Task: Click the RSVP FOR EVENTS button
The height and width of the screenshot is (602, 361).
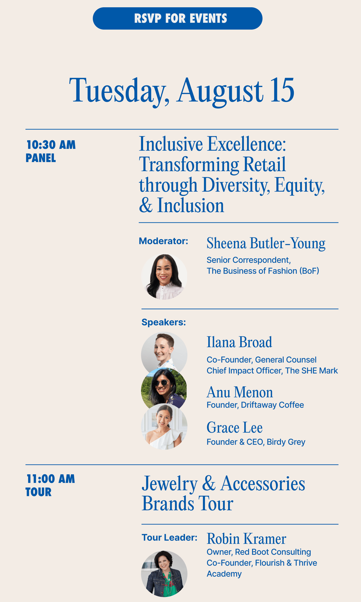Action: point(177,18)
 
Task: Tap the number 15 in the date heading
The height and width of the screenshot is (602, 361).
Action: point(282,90)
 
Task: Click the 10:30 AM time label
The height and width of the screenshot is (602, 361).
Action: point(51,145)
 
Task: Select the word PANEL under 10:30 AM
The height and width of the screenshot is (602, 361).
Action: point(41,158)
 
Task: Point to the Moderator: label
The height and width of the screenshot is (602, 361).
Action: point(163,241)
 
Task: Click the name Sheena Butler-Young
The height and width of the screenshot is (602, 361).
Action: point(266,243)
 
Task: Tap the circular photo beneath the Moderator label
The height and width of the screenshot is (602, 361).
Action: point(164,277)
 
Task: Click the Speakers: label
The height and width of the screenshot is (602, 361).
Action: point(164,322)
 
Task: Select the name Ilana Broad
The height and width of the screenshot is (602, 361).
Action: point(239,342)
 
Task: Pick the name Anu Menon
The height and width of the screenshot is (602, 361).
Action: point(240,392)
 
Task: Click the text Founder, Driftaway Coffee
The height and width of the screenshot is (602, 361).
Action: point(255,405)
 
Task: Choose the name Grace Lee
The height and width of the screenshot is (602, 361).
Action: point(235,428)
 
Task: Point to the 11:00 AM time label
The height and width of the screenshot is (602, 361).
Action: point(50,479)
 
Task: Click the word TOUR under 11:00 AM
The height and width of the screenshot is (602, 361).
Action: point(39,492)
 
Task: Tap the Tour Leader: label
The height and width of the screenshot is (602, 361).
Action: point(169,538)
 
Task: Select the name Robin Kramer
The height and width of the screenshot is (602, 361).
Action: point(246,539)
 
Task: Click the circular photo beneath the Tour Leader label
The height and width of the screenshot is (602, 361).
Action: point(164,574)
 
